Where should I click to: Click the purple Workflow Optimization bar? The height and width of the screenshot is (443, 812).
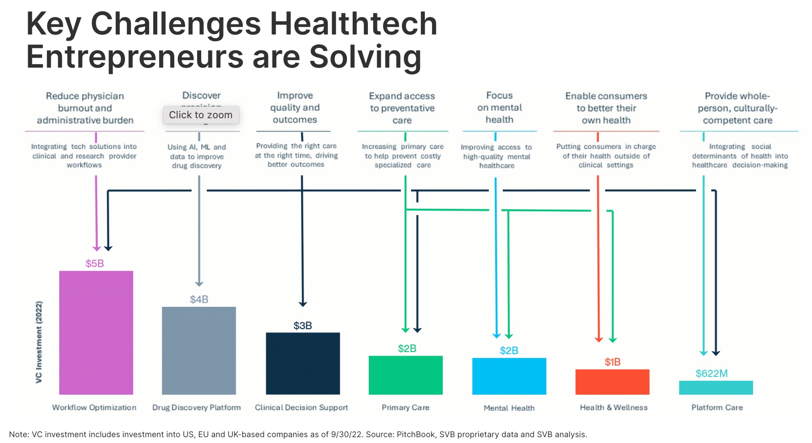pos(96,332)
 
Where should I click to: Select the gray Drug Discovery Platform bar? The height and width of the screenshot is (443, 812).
pos(199,350)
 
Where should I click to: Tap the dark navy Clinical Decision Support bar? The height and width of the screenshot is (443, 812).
pos(302,363)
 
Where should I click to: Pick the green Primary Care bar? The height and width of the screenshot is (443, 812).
pos(406,375)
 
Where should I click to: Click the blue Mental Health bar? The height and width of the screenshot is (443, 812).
pos(509,376)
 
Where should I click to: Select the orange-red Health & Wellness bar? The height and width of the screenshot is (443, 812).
pos(612,382)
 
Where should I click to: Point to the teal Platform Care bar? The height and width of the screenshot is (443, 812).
pos(716,387)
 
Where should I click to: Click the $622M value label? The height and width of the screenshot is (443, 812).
pos(711,373)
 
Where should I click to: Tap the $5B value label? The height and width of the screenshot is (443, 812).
pos(95,263)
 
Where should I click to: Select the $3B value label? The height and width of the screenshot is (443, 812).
pos(302,326)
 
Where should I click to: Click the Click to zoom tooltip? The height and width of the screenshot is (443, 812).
pos(201,115)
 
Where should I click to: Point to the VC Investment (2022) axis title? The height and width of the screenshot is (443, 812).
pos(39,342)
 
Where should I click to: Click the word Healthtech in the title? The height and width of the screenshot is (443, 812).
pos(353,24)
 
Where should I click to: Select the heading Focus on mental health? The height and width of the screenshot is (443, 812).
pos(499,108)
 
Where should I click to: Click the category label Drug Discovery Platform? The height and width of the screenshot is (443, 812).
pos(196,408)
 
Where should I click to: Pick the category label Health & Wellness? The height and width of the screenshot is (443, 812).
pos(613,408)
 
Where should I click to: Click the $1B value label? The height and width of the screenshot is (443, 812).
pos(612,362)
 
